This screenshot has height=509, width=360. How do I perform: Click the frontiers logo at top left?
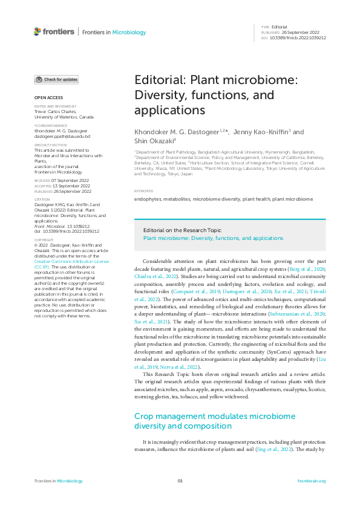pos(54,31)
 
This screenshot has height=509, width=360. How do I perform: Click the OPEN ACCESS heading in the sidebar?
pos(48,97)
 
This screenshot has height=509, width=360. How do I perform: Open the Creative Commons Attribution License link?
pos(71,261)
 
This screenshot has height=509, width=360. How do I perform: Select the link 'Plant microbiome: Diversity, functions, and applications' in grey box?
pos(212,238)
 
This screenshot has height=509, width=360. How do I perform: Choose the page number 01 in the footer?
pos(180,481)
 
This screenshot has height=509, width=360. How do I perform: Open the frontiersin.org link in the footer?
pos(312,481)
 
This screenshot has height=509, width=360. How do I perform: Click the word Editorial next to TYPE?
pos(279,27)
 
